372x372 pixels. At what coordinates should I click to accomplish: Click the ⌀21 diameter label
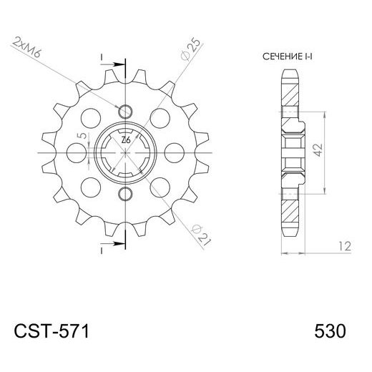coord(202,231)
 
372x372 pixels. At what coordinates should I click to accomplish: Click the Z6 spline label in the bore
coord(126,139)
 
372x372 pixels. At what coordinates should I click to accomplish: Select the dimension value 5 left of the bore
coord(83,134)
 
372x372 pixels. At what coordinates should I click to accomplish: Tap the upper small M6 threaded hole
coord(125,110)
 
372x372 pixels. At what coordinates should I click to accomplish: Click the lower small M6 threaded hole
coord(125,195)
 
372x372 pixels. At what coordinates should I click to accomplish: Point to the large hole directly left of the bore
coord(76,152)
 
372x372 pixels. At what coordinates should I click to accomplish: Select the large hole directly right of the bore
coord(175,152)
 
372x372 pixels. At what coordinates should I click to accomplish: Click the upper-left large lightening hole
coord(91,116)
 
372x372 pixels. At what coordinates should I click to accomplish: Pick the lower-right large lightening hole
coord(160,187)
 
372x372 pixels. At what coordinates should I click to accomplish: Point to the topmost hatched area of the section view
coord(293,89)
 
